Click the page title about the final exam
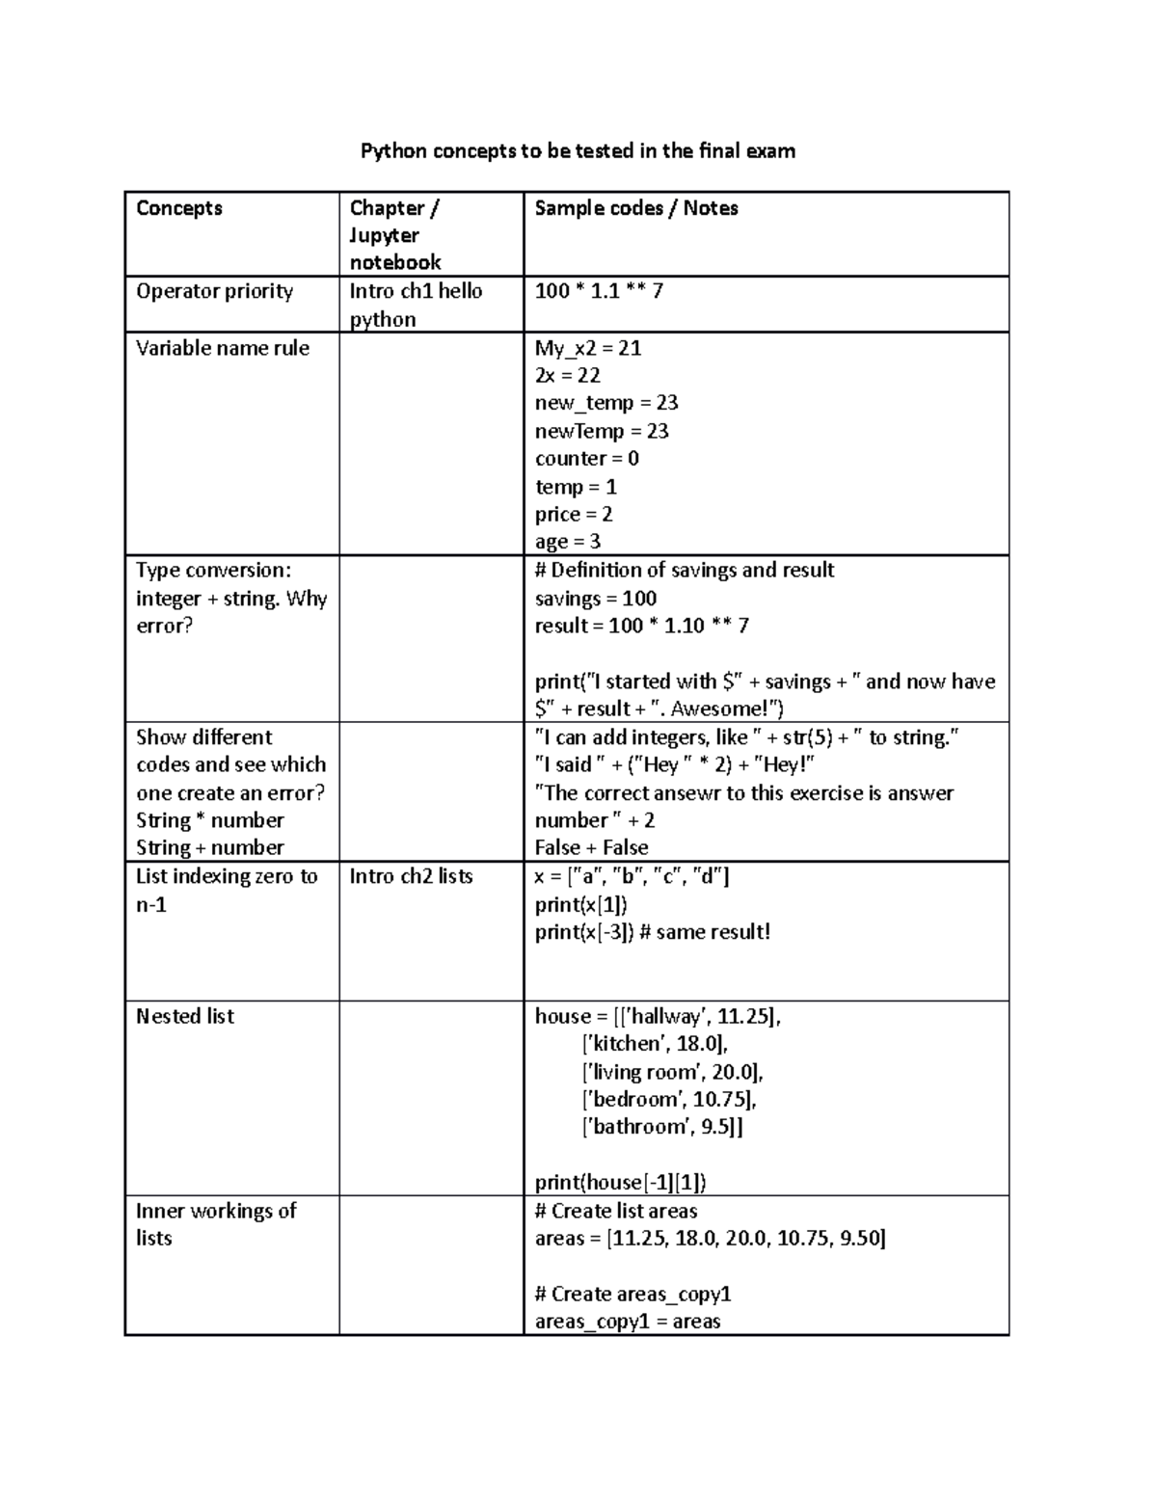coord(578,151)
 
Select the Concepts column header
coord(179,208)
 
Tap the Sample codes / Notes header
coord(636,208)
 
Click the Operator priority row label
coord(214,291)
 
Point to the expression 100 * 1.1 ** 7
coord(599,291)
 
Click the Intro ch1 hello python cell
coord(416,305)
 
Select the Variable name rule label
coord(223,348)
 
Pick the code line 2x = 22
coord(568,375)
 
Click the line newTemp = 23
coord(602,431)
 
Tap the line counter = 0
coord(586,459)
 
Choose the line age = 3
coord(568,542)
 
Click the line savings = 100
coord(596,599)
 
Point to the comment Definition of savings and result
coord(685,571)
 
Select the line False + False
coord(591,848)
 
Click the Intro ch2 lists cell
coord(411,876)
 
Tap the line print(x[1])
coord(581,904)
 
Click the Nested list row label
coord(185,1016)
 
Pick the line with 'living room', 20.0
coord(672,1072)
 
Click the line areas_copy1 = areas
coord(628,1322)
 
